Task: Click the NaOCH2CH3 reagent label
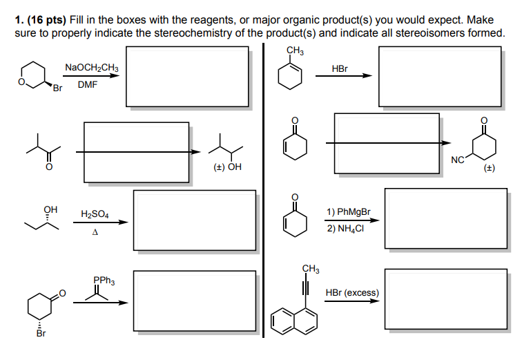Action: coord(91,68)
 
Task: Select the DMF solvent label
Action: coord(87,86)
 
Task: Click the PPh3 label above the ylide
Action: coord(104,281)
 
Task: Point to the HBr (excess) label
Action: coord(352,292)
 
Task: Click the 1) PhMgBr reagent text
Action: coord(349,211)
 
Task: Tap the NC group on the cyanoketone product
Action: coord(457,160)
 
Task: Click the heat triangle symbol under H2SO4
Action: coord(95,232)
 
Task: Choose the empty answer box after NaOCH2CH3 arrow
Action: coord(186,76)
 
